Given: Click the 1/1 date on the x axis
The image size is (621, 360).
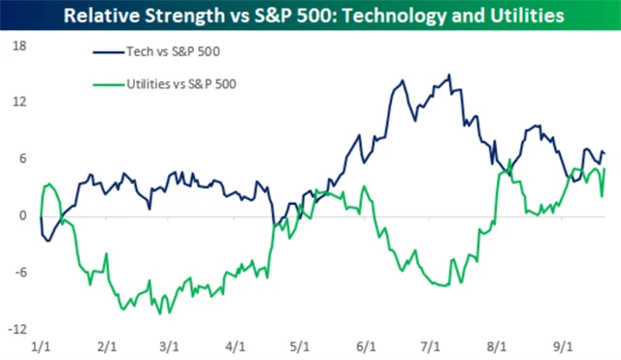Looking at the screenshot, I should (x=41, y=345).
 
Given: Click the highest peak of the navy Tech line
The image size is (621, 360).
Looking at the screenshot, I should (x=448, y=76).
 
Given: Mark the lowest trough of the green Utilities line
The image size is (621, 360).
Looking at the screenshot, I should (x=159, y=313).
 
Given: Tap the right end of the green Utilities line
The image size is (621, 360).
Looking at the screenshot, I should (x=605, y=170).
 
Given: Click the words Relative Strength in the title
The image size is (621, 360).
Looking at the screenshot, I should (x=144, y=16).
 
